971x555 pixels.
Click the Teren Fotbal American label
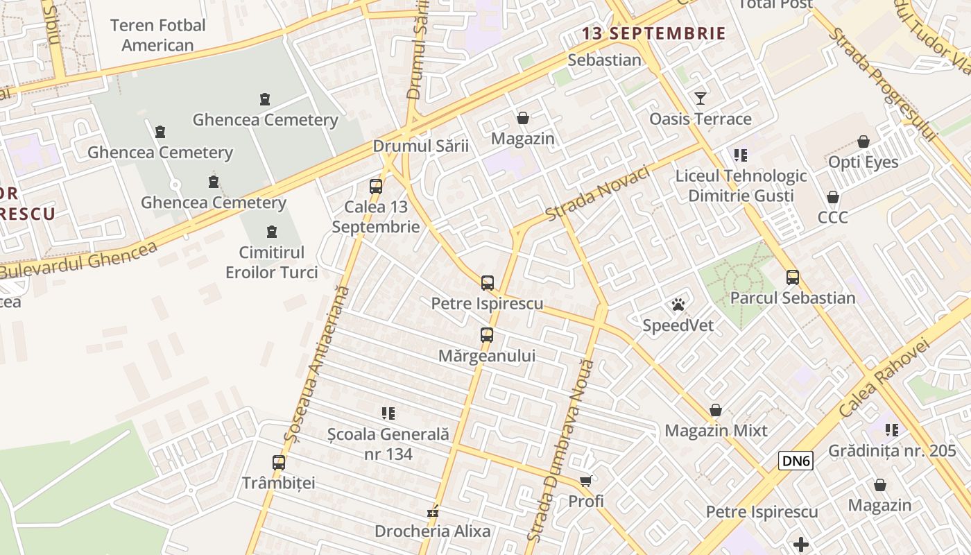tap(158, 35)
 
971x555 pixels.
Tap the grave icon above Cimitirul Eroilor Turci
tap(272, 232)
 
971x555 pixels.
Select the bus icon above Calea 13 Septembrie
tap(375, 186)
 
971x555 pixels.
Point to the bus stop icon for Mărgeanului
tap(487, 335)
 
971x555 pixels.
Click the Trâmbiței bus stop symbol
tap(278, 462)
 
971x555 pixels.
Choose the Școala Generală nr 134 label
tap(388, 444)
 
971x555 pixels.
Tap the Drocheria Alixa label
tap(432, 531)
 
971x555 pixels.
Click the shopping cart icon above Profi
tap(586, 480)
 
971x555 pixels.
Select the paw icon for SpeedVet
tap(678, 305)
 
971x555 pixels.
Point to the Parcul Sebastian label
tap(793, 298)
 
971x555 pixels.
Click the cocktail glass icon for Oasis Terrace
tap(701, 98)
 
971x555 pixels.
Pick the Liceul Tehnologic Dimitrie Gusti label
tap(741, 185)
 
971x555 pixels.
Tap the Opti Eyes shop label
tap(863, 162)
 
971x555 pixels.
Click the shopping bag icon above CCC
tap(832, 197)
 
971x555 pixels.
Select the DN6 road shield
tap(796, 461)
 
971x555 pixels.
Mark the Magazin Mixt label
tap(716, 431)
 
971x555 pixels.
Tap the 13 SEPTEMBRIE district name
tap(653, 33)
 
